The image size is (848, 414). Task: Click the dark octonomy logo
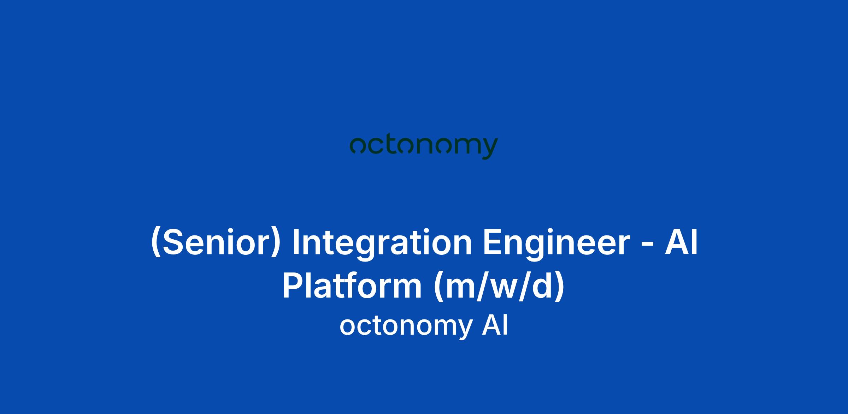coord(424,148)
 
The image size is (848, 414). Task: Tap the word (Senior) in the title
coord(216,242)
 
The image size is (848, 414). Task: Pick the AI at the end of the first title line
coord(682,242)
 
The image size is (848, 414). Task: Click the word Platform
coord(352,286)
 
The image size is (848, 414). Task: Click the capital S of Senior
coord(172,242)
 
